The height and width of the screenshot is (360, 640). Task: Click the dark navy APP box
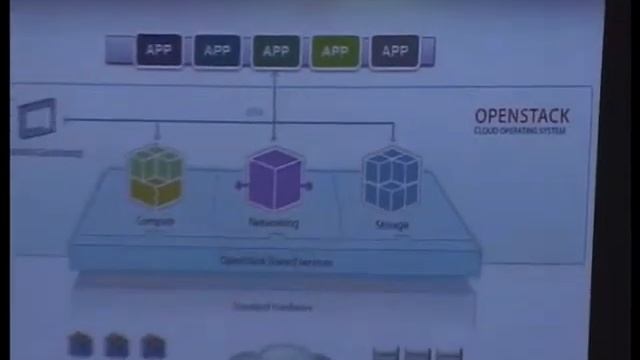[x=158, y=51]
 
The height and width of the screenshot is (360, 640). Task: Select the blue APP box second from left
[x=217, y=51]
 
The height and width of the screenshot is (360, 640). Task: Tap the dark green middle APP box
[x=276, y=51]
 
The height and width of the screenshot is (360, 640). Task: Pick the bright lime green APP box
[x=335, y=51]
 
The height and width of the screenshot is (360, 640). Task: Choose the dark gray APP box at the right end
[x=394, y=51]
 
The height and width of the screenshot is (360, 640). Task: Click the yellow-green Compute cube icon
[x=156, y=177]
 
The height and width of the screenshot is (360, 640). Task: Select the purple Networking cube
[x=274, y=180]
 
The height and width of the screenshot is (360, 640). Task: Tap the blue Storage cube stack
[x=391, y=180]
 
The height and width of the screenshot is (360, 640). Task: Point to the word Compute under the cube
[x=156, y=221]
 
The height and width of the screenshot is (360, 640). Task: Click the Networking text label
[x=274, y=223]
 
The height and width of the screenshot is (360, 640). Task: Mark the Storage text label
[x=391, y=225]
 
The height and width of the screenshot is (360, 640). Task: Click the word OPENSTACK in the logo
[x=521, y=116]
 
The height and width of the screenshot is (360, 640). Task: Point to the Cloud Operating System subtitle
[x=521, y=130]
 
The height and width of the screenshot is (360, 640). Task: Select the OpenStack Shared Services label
[x=276, y=262]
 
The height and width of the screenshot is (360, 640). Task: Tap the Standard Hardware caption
[x=272, y=307]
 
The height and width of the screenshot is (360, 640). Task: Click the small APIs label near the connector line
[x=255, y=112]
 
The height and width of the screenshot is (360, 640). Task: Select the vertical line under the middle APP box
[x=275, y=95]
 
